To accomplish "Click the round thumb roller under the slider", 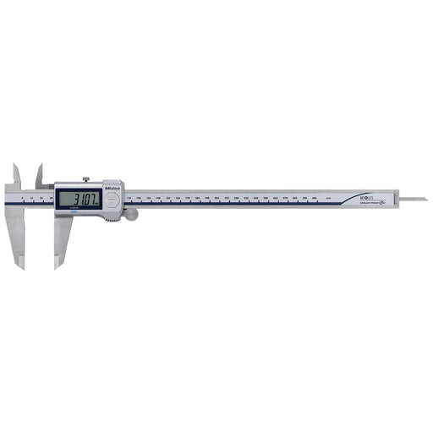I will click(x=131, y=216).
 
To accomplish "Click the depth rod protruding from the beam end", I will click(x=414, y=200).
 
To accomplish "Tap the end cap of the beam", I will click(x=393, y=199).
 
